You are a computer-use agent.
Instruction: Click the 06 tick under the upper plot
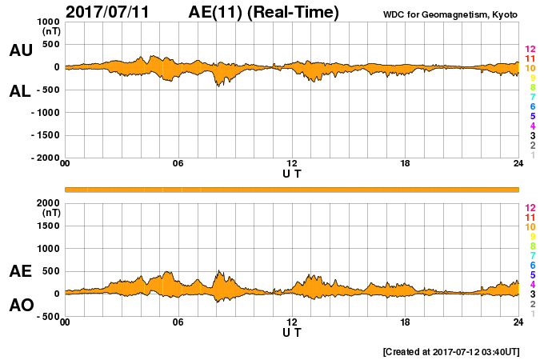pyautogui.click(x=178, y=164)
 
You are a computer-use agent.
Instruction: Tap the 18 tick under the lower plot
pyautogui.click(x=405, y=322)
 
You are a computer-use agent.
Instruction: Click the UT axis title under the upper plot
pyautogui.click(x=292, y=173)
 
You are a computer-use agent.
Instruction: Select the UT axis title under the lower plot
pyautogui.click(x=292, y=331)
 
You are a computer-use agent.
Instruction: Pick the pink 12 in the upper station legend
pyautogui.click(x=530, y=49)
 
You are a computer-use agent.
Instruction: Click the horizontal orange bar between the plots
pyautogui.click(x=292, y=189)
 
